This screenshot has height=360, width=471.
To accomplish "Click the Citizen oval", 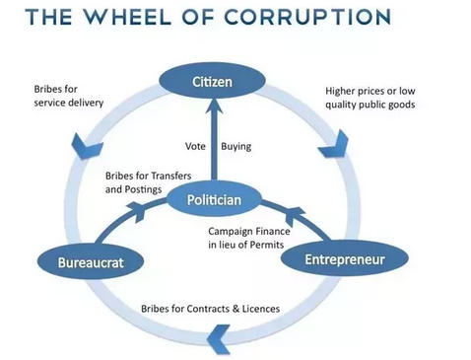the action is click(x=212, y=81).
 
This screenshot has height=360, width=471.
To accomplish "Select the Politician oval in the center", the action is click(x=214, y=199).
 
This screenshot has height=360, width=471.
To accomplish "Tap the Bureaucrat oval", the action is click(x=91, y=262).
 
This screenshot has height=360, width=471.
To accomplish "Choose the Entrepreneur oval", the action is click(x=345, y=259).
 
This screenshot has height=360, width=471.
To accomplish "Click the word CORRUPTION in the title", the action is click(x=308, y=17).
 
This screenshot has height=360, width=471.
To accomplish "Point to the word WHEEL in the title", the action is click(x=126, y=17).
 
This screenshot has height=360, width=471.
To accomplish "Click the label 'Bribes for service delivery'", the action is click(x=69, y=96).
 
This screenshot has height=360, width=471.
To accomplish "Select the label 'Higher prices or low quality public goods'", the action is click(x=370, y=98).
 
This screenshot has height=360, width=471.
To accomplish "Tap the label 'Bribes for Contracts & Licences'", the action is click(x=211, y=309).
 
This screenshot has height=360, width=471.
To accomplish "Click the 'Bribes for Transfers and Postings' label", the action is click(x=148, y=182).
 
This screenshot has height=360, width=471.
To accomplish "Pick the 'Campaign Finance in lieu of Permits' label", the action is click(x=249, y=238).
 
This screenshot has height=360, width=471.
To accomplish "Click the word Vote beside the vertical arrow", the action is click(x=195, y=146).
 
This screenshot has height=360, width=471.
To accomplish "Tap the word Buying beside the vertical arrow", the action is click(x=236, y=147).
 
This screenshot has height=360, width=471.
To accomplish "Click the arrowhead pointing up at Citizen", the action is click(x=214, y=106).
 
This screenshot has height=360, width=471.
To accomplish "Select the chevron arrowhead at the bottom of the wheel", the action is click(x=219, y=338).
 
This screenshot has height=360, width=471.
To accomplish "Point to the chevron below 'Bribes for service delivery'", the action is click(x=86, y=146).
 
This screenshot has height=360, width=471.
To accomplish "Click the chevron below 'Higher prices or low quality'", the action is click(x=334, y=144).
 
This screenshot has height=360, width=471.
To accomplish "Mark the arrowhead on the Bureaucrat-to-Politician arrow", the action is click(x=136, y=211).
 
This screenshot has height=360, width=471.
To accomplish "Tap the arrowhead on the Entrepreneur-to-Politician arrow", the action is click(x=295, y=216).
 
